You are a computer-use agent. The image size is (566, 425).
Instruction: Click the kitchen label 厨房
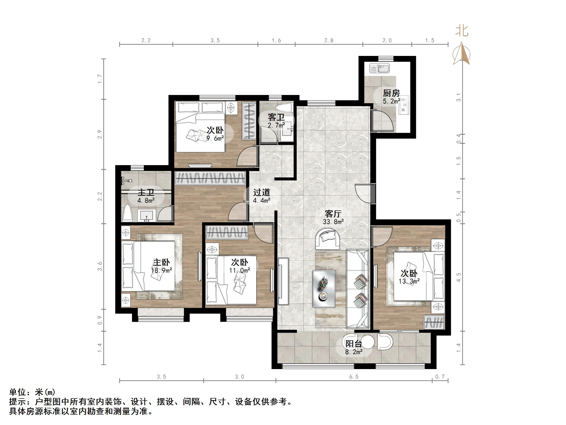(x=391, y=93)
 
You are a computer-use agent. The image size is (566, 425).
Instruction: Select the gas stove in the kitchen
(x=403, y=105)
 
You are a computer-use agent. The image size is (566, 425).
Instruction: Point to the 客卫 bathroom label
(x=276, y=117)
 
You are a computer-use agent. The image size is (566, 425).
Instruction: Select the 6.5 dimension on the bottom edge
(x=354, y=377)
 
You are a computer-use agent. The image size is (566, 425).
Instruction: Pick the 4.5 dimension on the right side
(x=459, y=277)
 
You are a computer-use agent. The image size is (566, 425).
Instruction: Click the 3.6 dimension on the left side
(x=99, y=266)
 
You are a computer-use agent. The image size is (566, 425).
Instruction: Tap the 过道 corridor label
(x=262, y=192)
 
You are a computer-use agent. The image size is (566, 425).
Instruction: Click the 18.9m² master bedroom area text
(x=161, y=270)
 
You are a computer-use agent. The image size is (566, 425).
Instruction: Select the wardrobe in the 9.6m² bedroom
(x=249, y=121)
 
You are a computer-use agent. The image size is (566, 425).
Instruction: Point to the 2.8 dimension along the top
(x=329, y=40)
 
